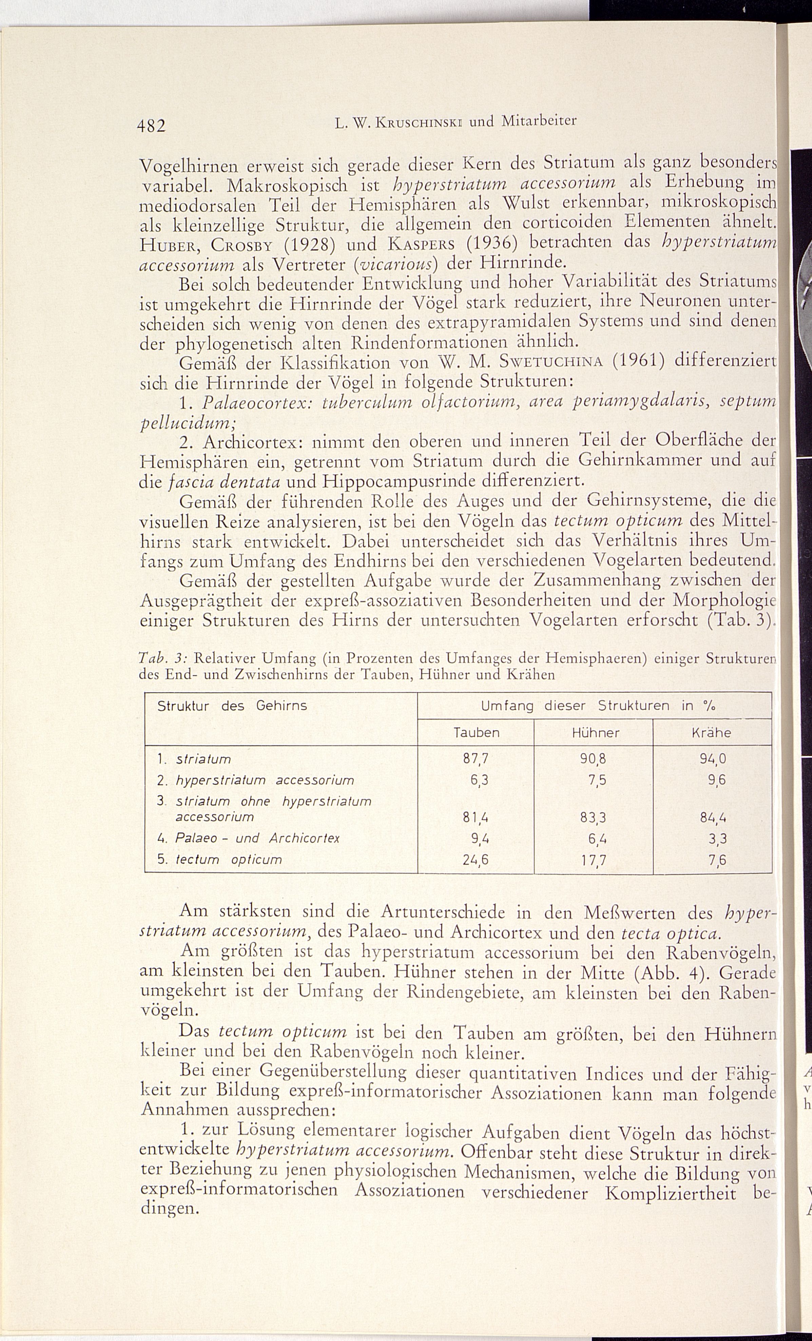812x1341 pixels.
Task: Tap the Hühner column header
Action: [595, 733]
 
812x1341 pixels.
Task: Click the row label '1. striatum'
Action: [194, 759]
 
